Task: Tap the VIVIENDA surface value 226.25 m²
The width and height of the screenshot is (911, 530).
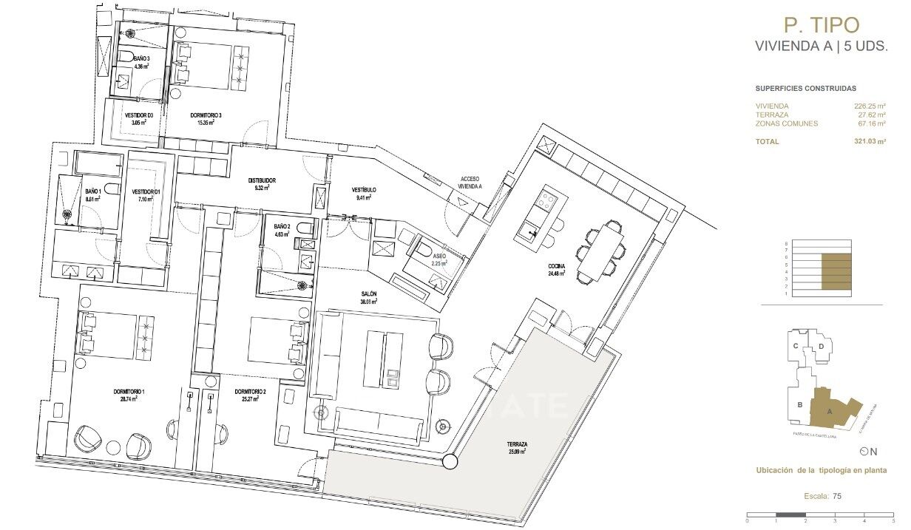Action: (870, 106)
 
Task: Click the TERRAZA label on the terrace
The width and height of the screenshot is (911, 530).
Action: (517, 444)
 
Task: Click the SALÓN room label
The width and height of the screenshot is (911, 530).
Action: (369, 294)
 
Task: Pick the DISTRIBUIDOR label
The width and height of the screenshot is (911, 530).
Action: (262, 180)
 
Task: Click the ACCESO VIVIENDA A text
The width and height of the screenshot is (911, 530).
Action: (470, 183)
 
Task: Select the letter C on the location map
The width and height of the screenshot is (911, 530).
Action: (796, 345)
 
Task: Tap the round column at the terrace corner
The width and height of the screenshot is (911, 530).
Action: (449, 463)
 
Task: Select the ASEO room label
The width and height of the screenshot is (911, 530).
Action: (439, 255)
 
